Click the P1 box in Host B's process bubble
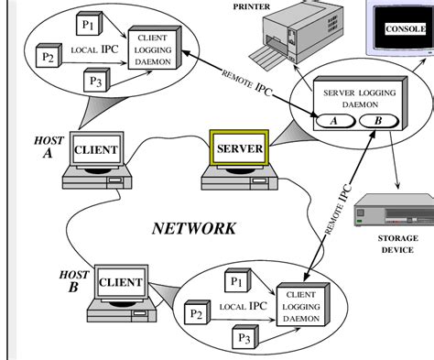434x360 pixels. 236,281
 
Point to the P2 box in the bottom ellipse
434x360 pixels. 195,314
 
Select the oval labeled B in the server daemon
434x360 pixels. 378,121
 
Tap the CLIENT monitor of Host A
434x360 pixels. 95,149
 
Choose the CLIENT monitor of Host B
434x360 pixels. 120,282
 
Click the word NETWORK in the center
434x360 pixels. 193,228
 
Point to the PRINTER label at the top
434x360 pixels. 251,5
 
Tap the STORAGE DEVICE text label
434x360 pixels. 398,243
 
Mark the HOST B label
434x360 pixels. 73,280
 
